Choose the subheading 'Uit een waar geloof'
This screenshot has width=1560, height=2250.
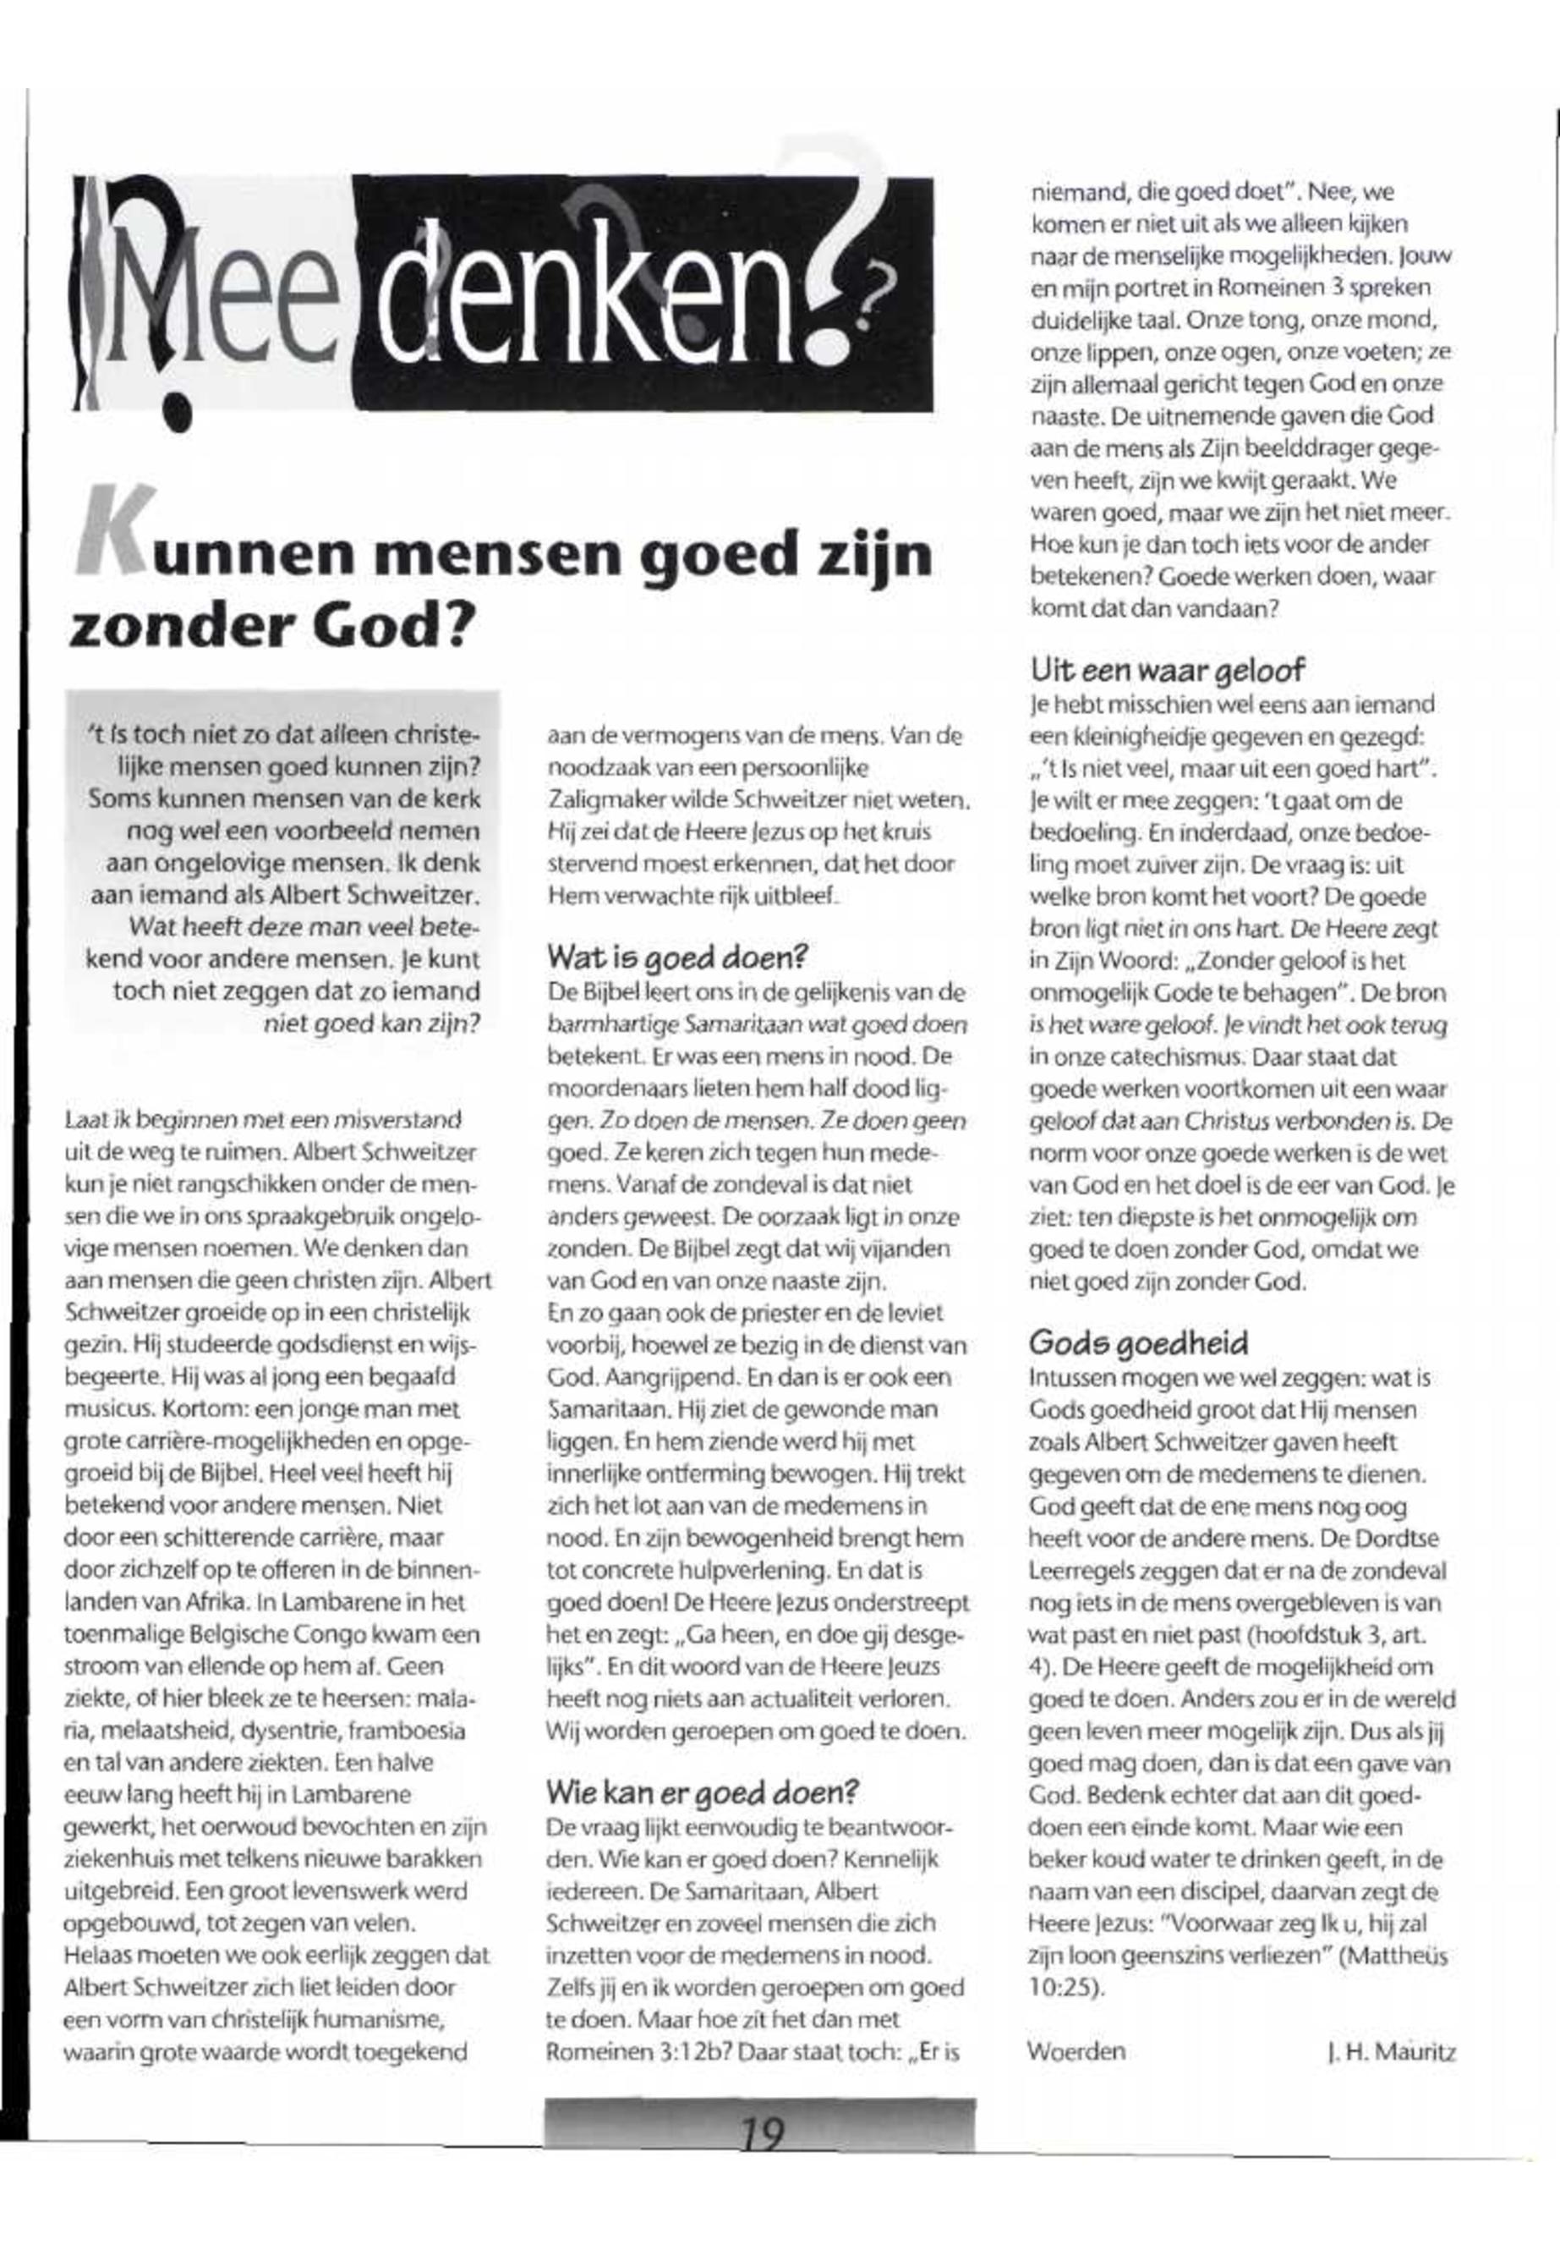1168,670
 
